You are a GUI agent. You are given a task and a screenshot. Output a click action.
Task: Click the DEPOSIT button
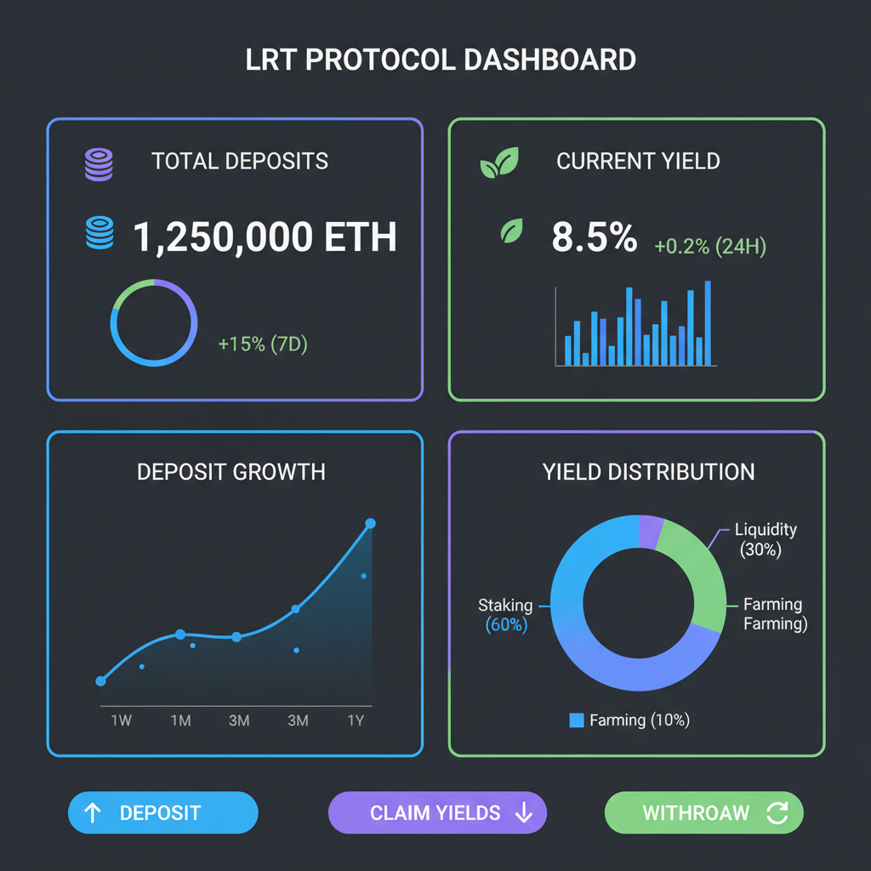coord(162,813)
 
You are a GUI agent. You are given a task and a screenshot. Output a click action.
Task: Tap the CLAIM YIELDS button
coord(437,813)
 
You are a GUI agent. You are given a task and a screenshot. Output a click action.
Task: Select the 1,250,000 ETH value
coord(265,237)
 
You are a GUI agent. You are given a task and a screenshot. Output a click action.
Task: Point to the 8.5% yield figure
coord(594,237)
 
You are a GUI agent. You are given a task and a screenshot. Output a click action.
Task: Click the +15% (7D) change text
coord(263,344)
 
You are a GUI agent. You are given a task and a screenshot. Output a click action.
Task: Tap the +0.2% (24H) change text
coord(710,248)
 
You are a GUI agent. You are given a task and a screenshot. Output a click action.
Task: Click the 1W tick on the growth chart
coord(121,720)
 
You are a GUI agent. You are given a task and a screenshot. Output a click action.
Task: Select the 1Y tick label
coord(356,720)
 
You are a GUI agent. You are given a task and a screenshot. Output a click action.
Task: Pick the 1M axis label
coord(180,720)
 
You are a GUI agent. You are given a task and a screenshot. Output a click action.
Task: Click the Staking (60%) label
coord(505,615)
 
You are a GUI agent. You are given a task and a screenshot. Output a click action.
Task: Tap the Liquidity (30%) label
coord(766,539)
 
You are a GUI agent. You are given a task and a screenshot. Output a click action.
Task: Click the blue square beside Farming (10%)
coord(577,720)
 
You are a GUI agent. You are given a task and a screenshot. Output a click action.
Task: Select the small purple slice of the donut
coord(651,531)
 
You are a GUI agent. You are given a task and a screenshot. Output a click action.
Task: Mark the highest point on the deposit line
coord(370,523)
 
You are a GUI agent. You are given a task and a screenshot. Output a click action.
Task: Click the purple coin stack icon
coord(99,163)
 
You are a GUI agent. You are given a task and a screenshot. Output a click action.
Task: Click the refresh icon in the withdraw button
coord(777,813)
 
